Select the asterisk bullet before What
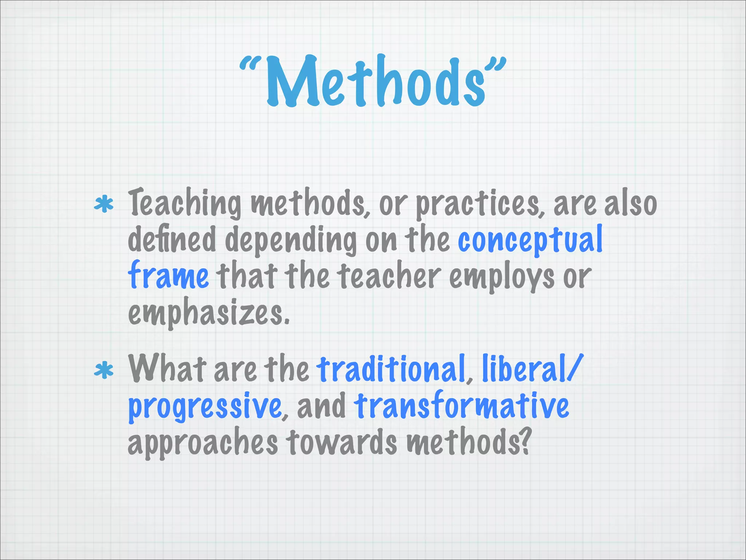(104, 371)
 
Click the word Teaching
(184, 203)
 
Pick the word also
(631, 203)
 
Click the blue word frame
(168, 276)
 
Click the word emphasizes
(208, 314)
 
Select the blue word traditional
(391, 369)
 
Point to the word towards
(341, 442)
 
